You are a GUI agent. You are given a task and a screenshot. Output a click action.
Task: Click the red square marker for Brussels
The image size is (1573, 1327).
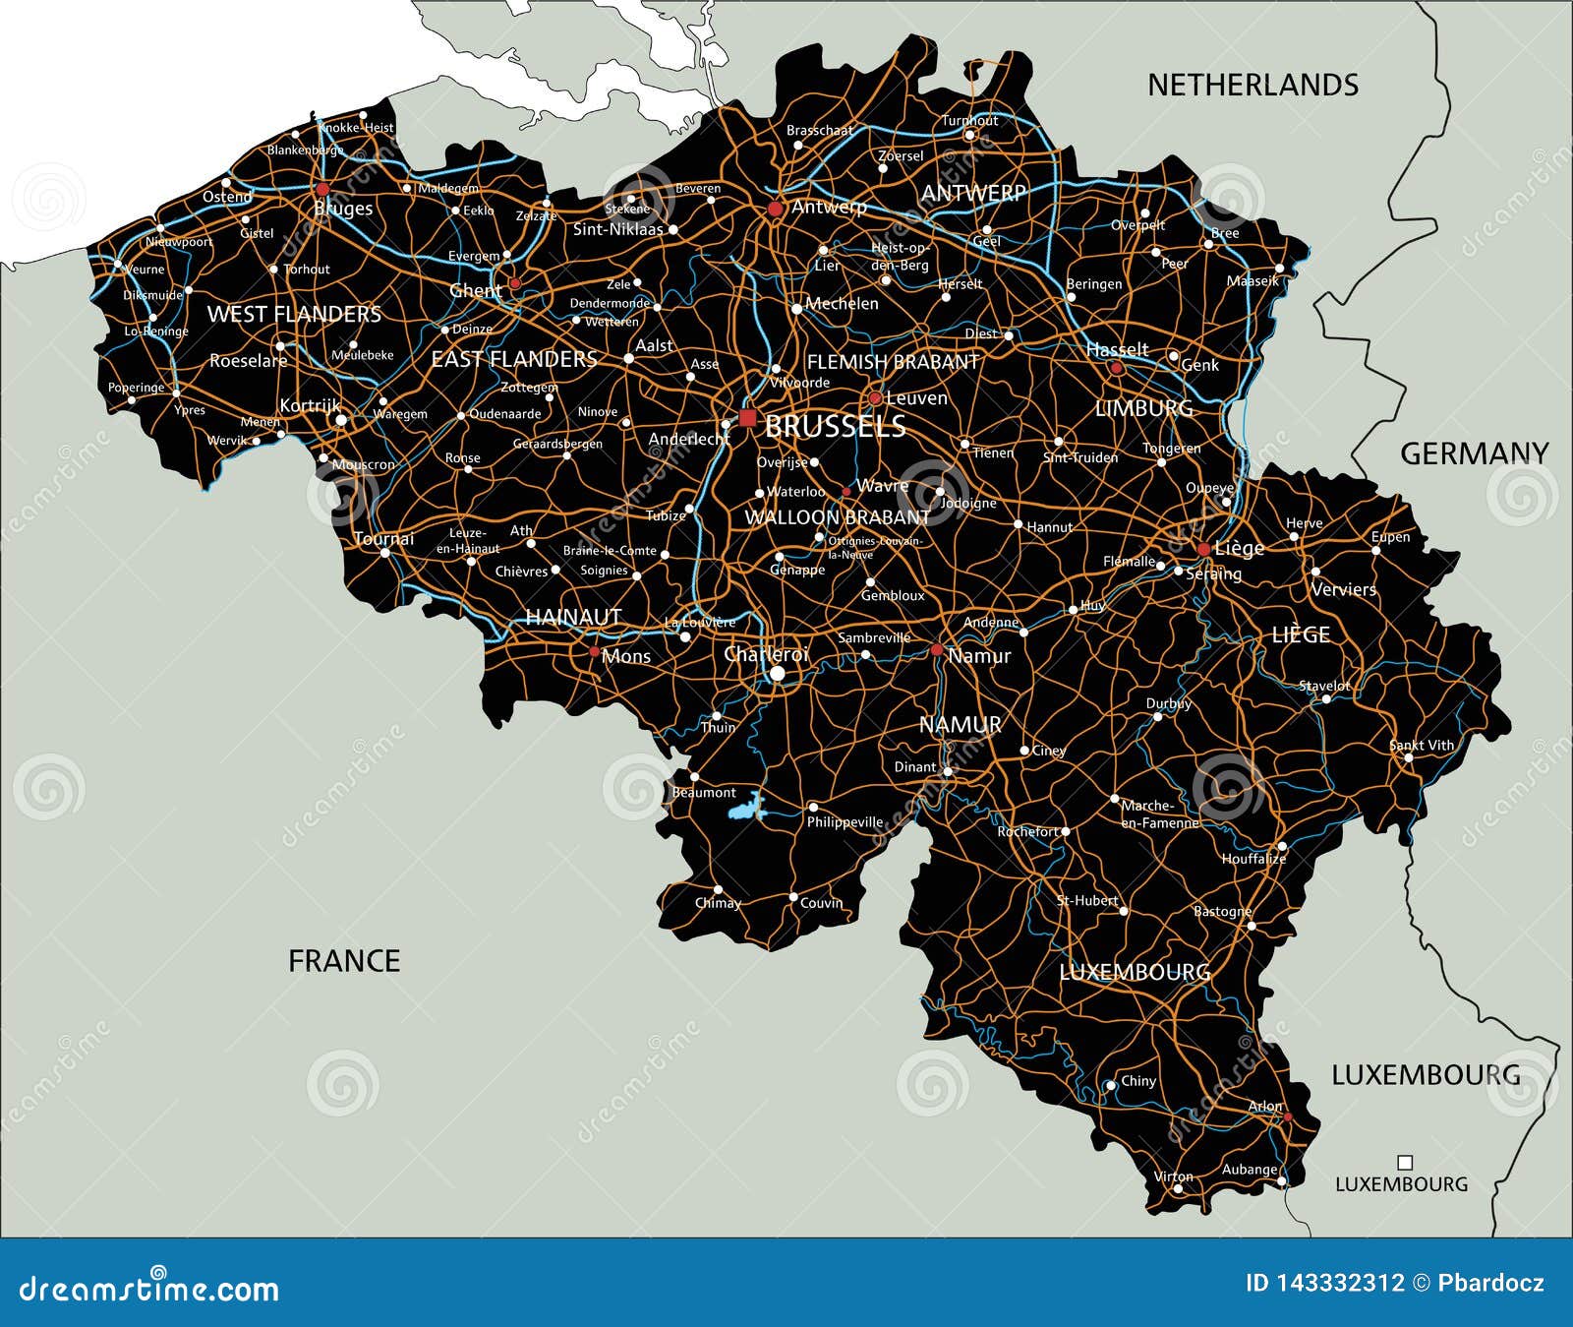click(748, 418)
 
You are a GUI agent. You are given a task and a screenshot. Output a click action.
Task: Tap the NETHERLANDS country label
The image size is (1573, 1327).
click(1253, 86)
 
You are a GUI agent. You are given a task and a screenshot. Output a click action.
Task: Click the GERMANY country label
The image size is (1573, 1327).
click(1474, 453)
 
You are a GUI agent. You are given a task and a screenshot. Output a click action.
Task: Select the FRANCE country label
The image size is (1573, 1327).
click(344, 961)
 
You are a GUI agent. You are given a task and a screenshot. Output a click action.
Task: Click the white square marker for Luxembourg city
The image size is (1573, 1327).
click(1405, 1163)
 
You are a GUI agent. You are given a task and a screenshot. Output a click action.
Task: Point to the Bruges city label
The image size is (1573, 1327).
click(343, 209)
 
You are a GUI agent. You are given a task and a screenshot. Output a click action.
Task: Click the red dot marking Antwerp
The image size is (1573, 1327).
click(775, 209)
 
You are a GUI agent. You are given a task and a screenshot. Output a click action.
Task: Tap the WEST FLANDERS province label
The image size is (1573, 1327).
click(294, 315)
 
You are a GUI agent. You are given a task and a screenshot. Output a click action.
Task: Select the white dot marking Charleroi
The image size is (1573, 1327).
click(778, 674)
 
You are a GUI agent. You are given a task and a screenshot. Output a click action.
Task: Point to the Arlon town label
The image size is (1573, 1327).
click(1264, 1106)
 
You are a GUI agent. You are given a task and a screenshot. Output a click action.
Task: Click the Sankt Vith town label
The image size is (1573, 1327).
click(1422, 745)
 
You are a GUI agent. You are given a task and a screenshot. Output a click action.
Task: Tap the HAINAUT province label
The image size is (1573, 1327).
click(573, 617)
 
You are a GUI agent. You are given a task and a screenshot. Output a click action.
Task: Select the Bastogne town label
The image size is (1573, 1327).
click(1222, 911)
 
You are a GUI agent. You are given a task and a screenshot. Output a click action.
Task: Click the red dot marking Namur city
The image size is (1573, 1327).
click(937, 650)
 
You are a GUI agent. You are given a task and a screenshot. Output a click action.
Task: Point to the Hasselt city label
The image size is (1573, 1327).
click(1117, 349)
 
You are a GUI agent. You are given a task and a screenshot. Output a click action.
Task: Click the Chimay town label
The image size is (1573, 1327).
click(718, 903)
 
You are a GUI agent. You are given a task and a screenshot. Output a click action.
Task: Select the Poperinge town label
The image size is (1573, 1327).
click(136, 388)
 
